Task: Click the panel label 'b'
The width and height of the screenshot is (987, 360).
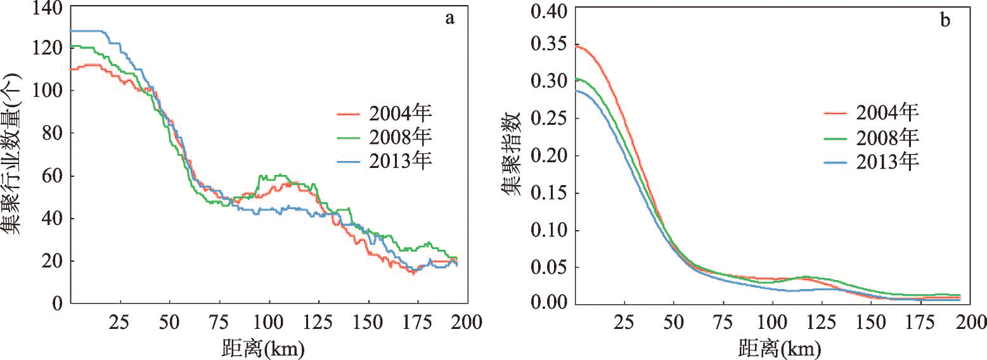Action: [945, 20]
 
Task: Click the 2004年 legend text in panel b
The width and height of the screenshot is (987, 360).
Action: [887, 113]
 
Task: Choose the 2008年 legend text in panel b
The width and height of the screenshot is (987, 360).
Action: [887, 137]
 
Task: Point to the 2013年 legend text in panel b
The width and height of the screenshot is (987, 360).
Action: [887, 160]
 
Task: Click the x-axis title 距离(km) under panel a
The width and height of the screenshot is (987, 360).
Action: [262, 347]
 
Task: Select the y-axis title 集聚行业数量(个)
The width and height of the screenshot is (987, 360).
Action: [15, 155]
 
